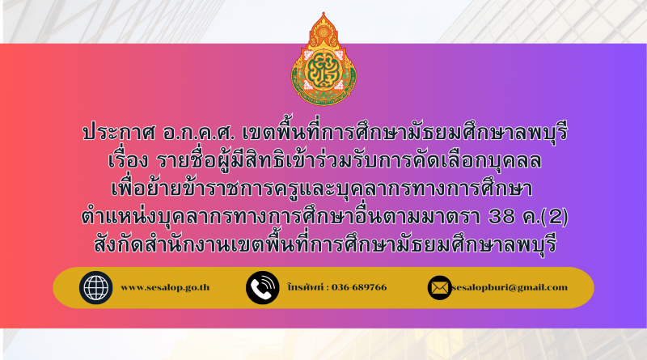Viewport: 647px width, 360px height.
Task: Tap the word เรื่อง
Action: pos(128,160)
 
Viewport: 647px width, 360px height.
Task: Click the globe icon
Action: pos(95,288)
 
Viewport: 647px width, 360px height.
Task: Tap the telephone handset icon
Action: pos(262,288)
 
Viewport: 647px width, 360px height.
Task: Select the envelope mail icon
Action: pos(439,288)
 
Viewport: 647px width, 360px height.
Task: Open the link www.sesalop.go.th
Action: pos(165,287)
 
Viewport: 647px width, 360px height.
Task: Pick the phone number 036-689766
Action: pos(359,287)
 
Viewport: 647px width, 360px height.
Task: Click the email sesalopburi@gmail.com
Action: pos(510,287)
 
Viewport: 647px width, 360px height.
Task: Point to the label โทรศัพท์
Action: pos(306,286)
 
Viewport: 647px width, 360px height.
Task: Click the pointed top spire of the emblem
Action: pos(323,15)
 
